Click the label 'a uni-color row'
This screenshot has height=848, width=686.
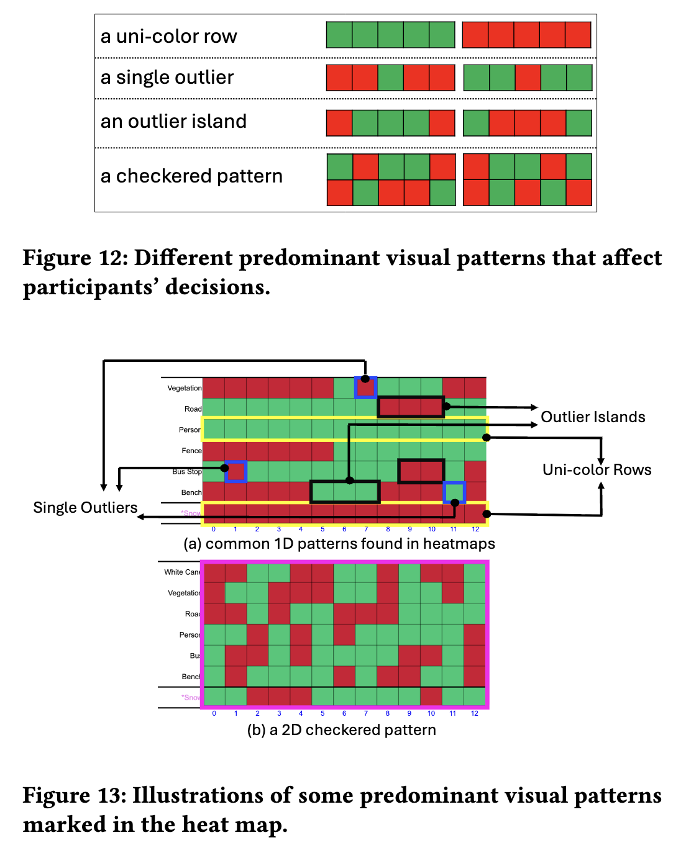[x=168, y=37]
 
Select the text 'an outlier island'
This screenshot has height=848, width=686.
[x=173, y=121]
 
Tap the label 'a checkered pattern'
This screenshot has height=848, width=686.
[x=191, y=176]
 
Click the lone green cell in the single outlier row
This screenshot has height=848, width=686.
[x=390, y=78]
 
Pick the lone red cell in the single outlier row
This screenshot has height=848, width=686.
[x=528, y=78]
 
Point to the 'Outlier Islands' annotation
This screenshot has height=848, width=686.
[x=593, y=417]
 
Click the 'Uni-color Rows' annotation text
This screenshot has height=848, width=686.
[x=597, y=470]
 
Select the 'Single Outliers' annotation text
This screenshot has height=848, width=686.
[x=85, y=508]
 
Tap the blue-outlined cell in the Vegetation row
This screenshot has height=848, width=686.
[x=365, y=387]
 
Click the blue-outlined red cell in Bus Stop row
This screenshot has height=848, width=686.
[x=236, y=472]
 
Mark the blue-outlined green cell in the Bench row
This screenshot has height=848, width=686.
[x=454, y=492]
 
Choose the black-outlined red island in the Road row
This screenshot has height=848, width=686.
[x=411, y=407]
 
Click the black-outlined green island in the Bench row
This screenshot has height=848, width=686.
[x=345, y=492]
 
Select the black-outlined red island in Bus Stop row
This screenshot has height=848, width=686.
[x=421, y=471]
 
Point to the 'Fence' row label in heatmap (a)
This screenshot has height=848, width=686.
[x=191, y=451]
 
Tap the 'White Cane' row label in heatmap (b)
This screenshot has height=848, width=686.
[x=182, y=572]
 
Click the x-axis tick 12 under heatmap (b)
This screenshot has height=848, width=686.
[x=475, y=713]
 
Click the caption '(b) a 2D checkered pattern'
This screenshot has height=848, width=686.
[x=341, y=730]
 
